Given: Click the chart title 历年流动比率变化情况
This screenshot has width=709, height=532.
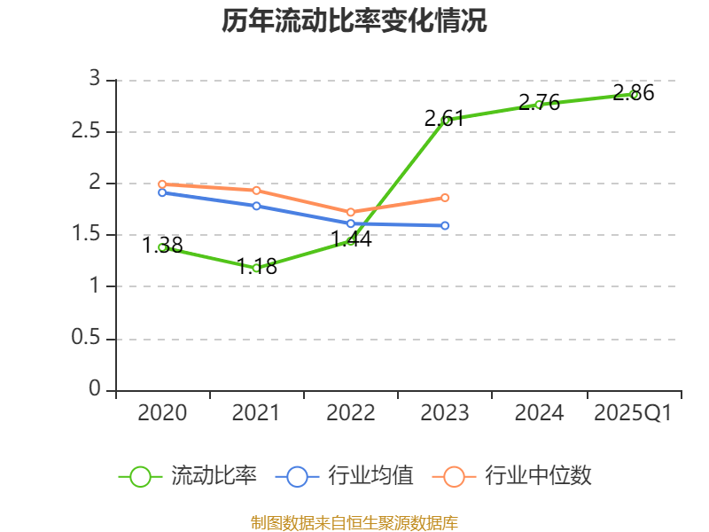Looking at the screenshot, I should pyautogui.click(x=354, y=21).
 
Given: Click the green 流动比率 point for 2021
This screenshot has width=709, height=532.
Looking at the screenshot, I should pyautogui.click(x=256, y=268).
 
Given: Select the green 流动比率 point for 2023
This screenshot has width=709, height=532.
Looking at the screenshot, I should pyautogui.click(x=445, y=120).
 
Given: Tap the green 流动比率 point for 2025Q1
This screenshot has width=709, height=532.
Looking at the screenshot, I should pyautogui.click(x=634, y=94).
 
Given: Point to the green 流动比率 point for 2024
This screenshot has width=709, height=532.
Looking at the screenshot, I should pyautogui.click(x=539, y=105).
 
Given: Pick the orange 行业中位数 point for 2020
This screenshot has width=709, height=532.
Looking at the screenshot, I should pyautogui.click(x=162, y=184).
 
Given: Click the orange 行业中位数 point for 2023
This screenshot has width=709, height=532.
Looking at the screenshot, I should pyautogui.click(x=445, y=198).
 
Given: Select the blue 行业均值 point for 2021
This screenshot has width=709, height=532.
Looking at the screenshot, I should pyautogui.click(x=256, y=206).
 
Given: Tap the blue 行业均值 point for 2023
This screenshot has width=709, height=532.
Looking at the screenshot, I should pyautogui.click(x=445, y=226).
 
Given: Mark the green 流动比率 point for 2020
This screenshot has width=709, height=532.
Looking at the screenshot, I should pyautogui.click(x=162, y=247).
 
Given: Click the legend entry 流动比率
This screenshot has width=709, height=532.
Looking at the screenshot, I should pyautogui.click(x=188, y=476).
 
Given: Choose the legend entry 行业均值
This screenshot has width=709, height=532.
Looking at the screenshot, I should pyautogui.click(x=345, y=476).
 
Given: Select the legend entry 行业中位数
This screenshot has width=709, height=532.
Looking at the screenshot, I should pyautogui.click(x=512, y=476).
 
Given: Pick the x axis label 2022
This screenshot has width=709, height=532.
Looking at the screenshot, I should pyautogui.click(x=350, y=412).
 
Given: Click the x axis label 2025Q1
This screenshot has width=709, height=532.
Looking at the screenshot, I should pyautogui.click(x=633, y=412).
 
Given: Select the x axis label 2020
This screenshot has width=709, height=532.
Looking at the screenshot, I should pyautogui.click(x=162, y=412).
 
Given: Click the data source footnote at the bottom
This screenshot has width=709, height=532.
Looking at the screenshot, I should pyautogui.click(x=354, y=522).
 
